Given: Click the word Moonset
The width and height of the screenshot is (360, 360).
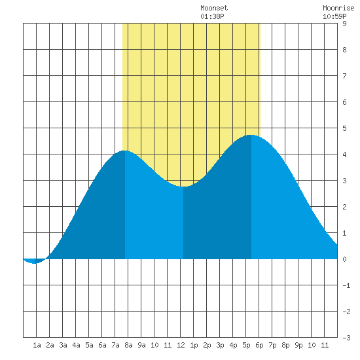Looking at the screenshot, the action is coord(214,8).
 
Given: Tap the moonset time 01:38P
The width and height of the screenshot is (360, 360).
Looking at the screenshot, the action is coord(212,16).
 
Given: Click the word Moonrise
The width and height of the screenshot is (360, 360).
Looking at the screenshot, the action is coord(338,8).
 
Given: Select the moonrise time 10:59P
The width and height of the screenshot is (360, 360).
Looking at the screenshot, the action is coord(334,16).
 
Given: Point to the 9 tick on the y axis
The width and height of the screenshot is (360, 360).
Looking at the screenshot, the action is coord(344,24).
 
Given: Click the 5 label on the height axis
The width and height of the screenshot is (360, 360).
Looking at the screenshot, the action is coord(344,128).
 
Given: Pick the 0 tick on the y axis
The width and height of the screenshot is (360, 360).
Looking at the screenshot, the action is coord(344,259).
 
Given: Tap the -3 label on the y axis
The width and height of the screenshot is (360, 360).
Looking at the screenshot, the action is coord(346,338).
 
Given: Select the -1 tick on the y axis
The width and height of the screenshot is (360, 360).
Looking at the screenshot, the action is coord(346,285).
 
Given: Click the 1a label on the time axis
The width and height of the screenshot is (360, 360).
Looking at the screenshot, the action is coord(37,345).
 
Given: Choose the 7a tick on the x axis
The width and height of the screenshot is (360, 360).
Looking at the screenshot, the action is coord(115,345).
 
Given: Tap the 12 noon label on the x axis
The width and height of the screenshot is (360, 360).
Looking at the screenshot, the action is coord(181,345).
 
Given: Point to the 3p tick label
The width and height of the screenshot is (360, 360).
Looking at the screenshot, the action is coord(220,345).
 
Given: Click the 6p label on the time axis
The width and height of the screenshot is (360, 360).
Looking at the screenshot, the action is coord(259,345).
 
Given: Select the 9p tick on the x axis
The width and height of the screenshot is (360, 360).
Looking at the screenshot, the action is coord(298,345).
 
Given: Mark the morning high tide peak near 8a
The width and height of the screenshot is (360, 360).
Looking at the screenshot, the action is coord(124,151).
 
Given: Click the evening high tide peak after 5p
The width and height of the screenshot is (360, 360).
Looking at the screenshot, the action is coord(251,135).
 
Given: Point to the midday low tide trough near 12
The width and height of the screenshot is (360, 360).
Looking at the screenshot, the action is coord(183,187).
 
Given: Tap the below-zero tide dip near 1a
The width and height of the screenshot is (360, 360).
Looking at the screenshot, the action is coord(35,263).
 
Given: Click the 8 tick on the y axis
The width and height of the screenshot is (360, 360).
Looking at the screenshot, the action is coord(344,50).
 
